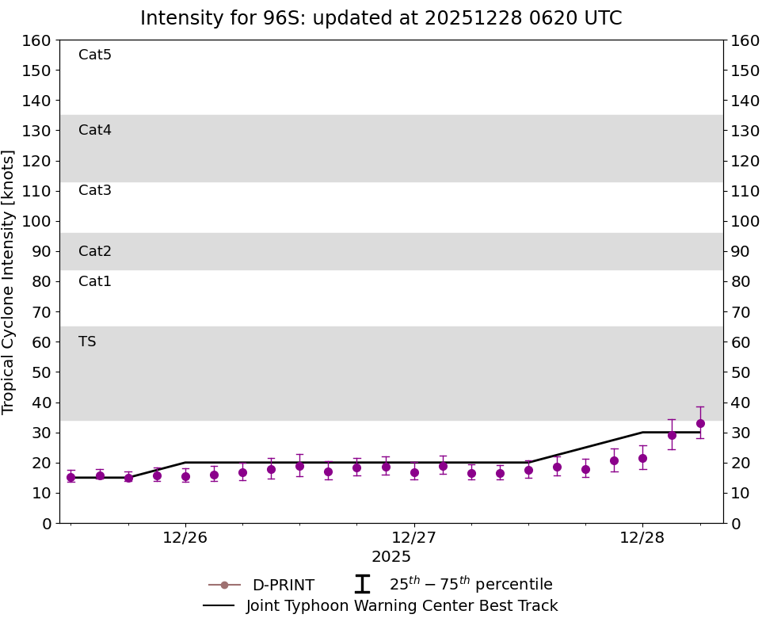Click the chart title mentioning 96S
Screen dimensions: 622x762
[x=381, y=18]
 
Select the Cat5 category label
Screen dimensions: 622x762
[x=95, y=55]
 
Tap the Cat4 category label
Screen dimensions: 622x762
[x=95, y=130]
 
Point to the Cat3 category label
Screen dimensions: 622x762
[x=95, y=190]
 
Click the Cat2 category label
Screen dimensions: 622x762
[x=95, y=251]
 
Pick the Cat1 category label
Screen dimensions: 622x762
[x=95, y=281]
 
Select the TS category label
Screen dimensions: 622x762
[x=87, y=342]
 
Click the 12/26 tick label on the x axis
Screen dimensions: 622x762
[x=185, y=537]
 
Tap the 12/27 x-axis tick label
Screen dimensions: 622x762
[x=414, y=537]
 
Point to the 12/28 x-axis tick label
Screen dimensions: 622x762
[x=642, y=537]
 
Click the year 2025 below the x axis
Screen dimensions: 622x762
[x=391, y=557]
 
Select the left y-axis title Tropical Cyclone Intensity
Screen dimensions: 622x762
[x=10, y=281]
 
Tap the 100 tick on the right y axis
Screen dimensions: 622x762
[x=745, y=221]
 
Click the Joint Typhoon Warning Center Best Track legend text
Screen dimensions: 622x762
[x=402, y=606]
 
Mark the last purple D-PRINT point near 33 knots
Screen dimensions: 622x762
[x=700, y=423]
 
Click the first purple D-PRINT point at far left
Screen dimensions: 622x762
[x=70, y=477]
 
